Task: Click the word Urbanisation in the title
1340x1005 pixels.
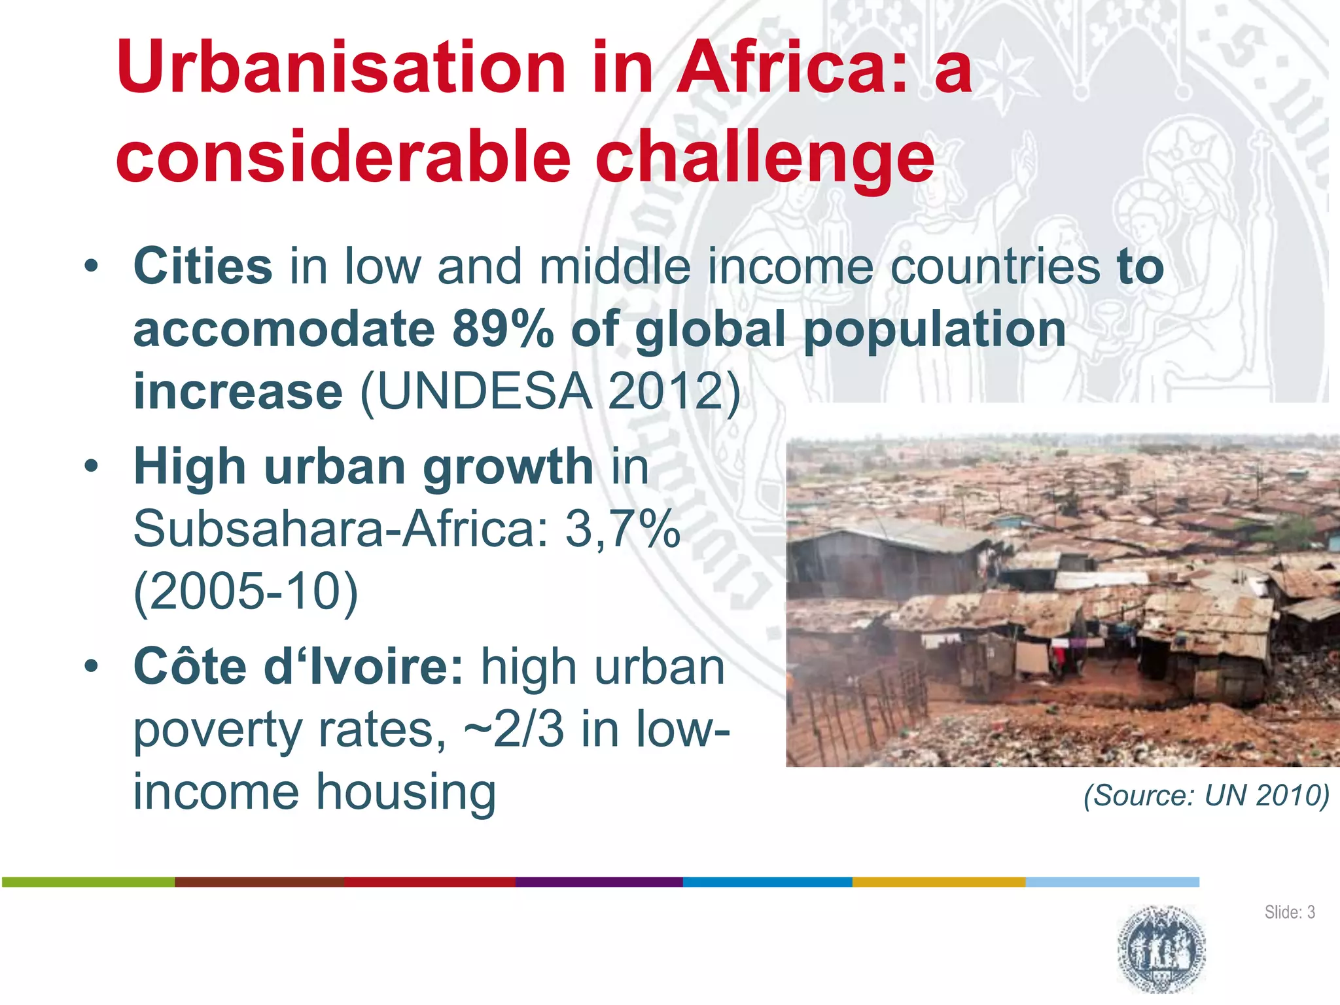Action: point(341,68)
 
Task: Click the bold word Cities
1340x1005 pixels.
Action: point(203,266)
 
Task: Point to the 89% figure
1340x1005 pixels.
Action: point(502,328)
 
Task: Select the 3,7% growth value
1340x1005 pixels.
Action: point(622,529)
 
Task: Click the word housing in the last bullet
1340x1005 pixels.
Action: point(406,792)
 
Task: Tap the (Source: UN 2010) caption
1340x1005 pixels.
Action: point(1206,796)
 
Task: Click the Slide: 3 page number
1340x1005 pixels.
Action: point(1289,912)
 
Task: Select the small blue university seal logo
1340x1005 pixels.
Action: point(1161,949)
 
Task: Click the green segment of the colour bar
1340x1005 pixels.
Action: point(88,882)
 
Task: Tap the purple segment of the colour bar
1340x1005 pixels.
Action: point(599,882)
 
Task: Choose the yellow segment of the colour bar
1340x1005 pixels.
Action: point(938,882)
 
